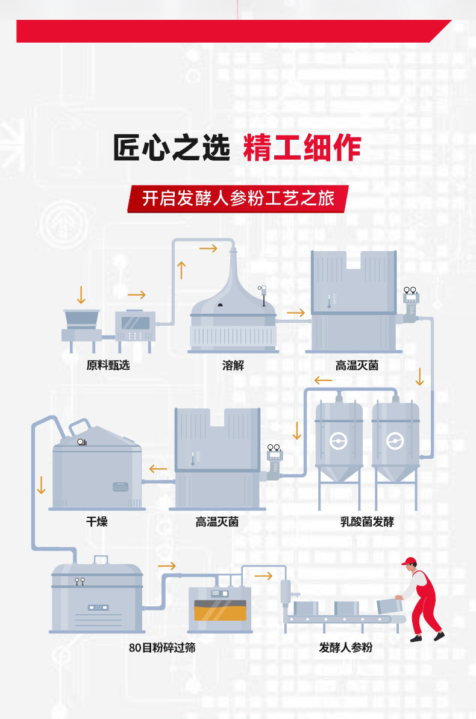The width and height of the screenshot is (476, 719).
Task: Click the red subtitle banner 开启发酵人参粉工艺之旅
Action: pos(237,199)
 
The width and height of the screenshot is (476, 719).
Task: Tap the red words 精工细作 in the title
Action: pos(302,148)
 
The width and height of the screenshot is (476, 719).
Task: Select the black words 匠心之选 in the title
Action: pos(172,148)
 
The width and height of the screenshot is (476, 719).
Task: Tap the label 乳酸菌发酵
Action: pos(367,522)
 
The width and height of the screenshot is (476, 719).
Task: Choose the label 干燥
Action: pos(96,521)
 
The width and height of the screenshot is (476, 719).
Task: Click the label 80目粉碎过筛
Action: pos(162,648)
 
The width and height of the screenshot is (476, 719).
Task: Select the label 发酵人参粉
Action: pos(346,648)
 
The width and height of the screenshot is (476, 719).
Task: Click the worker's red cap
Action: pos(410,562)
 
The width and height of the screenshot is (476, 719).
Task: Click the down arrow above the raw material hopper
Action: pos(81,294)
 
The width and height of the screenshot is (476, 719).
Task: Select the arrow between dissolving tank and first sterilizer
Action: pos(295,313)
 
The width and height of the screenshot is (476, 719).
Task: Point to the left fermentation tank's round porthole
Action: pos(339,442)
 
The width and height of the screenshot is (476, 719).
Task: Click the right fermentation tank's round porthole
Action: pos(395,442)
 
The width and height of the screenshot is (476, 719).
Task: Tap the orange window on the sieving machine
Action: pos(220,613)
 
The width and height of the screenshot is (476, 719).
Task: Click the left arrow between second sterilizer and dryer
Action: pos(158,469)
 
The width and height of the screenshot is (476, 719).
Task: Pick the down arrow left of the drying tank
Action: pos(41,485)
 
